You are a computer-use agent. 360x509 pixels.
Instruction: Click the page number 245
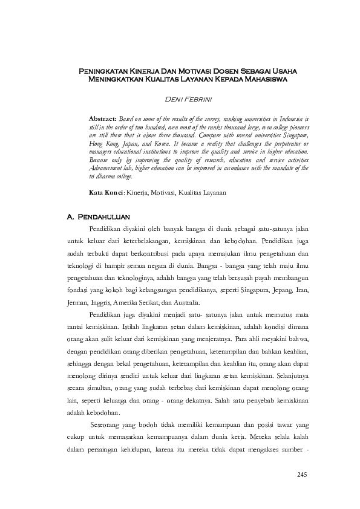(303, 474)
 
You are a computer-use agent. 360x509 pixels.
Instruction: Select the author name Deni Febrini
(188, 99)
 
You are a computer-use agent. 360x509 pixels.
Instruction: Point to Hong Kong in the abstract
(104, 145)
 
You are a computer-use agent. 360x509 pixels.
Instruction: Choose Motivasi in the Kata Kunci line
(157, 192)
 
